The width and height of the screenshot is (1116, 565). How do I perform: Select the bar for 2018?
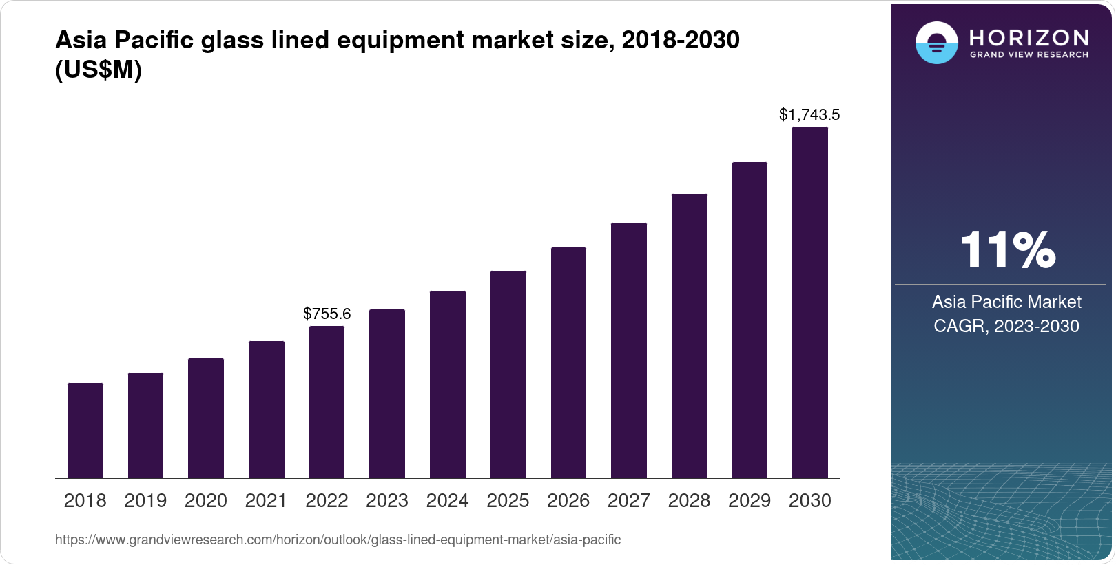pos(85,431)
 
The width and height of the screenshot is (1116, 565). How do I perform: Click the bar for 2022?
pos(327,402)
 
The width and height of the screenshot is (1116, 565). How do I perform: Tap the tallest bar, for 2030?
pos(810,303)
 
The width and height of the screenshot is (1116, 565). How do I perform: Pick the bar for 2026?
pos(568,363)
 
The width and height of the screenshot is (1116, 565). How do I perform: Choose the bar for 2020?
pos(206,418)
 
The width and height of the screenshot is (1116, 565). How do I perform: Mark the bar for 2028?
pos(690,336)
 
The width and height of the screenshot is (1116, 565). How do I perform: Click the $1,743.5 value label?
pos(809,114)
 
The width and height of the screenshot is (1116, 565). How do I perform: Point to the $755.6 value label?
pos(327,314)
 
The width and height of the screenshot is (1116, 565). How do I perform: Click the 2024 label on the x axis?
pos(447,501)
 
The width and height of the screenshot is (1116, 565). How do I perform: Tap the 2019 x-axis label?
pos(145,501)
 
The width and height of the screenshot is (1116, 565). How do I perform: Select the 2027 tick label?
pos(628,501)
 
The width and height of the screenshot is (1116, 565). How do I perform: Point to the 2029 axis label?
pos(750,501)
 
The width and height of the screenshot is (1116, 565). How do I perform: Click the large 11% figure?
pos(1007,249)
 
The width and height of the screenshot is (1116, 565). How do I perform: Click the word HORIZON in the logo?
pos(1029,37)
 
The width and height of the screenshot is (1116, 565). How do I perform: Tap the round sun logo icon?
pos(936,43)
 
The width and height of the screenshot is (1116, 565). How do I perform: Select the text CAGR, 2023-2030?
pos(1006,326)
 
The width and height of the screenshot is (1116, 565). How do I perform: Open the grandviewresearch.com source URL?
pos(338,540)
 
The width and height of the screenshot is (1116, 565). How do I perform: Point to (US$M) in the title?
pos(99,70)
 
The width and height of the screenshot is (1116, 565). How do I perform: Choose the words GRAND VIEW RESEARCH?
pos(1029,55)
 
